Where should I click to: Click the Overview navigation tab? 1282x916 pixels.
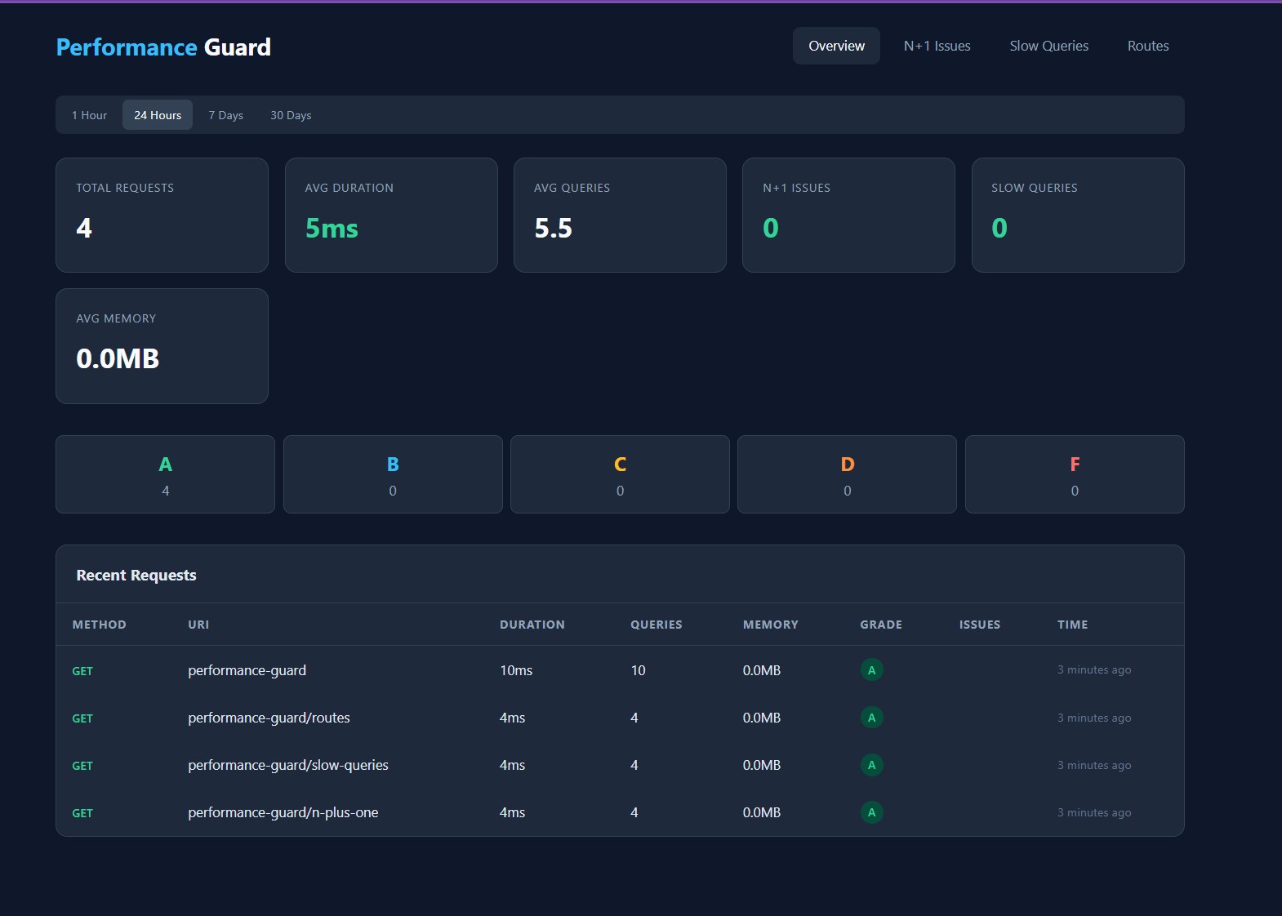coord(836,46)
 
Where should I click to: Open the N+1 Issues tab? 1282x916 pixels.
coord(937,46)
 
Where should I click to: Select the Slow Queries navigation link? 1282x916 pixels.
coord(1048,46)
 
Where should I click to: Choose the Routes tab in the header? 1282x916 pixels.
coord(1147,46)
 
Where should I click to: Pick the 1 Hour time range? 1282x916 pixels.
coord(89,115)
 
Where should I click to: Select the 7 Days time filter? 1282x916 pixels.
coord(225,115)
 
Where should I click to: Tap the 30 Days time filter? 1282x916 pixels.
coord(291,115)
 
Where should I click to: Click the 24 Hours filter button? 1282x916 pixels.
coord(158,115)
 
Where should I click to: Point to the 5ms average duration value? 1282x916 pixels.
coord(332,228)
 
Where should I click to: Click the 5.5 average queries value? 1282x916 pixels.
coord(553,228)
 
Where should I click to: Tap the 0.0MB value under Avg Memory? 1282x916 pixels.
coord(118,358)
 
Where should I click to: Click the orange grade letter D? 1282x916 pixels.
coord(847,465)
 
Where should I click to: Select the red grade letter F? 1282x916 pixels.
coord(1075,465)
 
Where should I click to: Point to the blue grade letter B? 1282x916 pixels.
coord(393,465)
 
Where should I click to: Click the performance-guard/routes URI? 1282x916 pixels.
coord(269,718)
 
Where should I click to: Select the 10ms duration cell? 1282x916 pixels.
coord(516,670)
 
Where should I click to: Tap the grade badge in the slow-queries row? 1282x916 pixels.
coord(871,765)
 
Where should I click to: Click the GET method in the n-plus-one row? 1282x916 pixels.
coord(82,813)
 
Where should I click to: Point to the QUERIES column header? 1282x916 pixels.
coord(656,625)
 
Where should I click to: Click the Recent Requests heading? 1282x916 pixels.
coord(136,575)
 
